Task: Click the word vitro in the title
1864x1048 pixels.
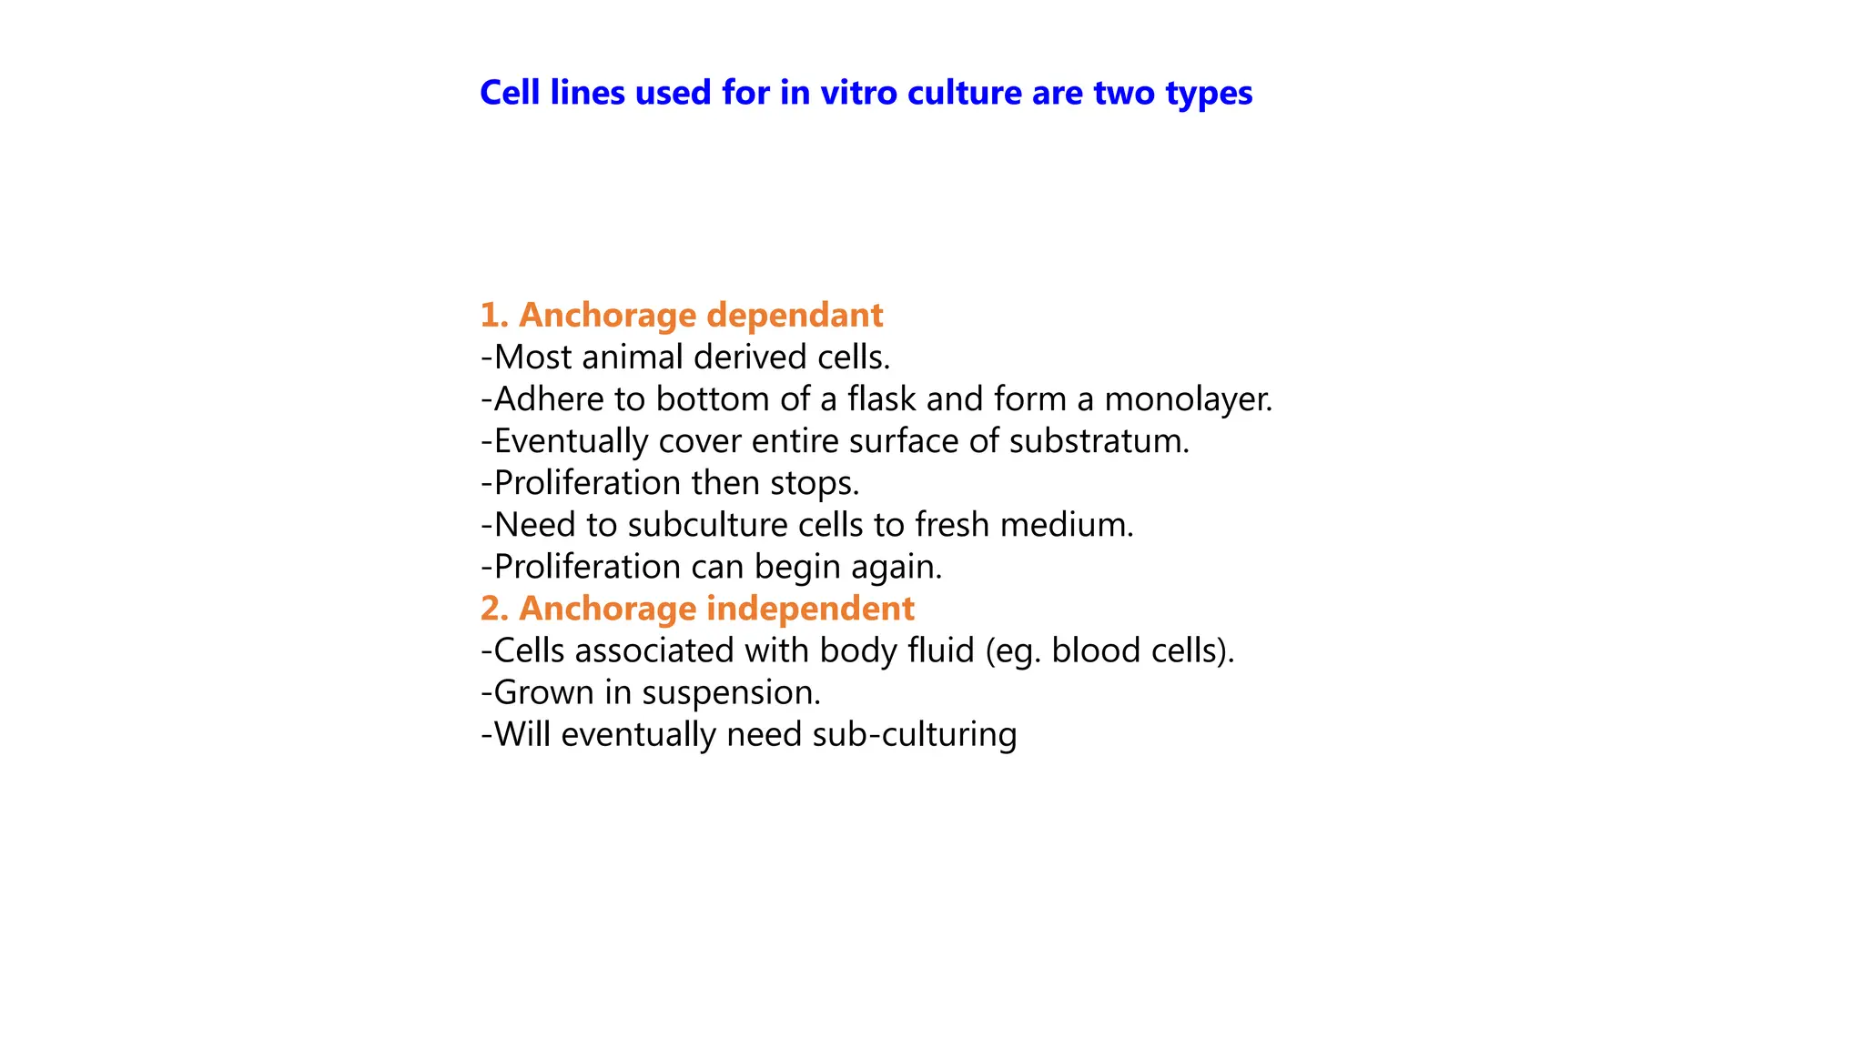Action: pyautogui.click(x=860, y=93)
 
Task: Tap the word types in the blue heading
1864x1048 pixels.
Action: pyautogui.click(x=1209, y=94)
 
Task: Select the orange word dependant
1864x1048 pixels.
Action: pyautogui.click(x=795, y=316)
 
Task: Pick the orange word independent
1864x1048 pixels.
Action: pyautogui.click(x=811, y=609)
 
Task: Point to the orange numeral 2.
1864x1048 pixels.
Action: pyautogui.click(x=492, y=609)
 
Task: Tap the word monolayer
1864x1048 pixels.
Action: pyautogui.click(x=1188, y=399)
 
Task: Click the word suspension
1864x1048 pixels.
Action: pyautogui.click(x=731, y=693)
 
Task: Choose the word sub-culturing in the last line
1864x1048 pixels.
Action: pyautogui.click(x=914, y=735)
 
